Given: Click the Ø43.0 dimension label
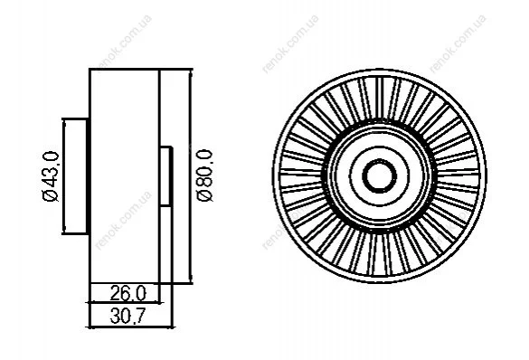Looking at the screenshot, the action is click(51, 176).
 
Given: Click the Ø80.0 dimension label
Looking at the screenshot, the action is click(204, 175).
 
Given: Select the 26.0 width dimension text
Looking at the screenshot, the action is click(128, 293).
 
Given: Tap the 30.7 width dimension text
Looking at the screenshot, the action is click(128, 317).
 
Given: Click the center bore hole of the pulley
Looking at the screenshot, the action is click(379, 175).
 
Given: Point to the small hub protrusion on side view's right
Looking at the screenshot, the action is click(166, 176).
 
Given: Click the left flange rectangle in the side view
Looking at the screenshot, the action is click(76, 175).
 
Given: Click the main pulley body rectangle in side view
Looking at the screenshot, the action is click(124, 175).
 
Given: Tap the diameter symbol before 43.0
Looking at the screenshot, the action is click(51, 196).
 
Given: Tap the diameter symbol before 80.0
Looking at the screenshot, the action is click(204, 196).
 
